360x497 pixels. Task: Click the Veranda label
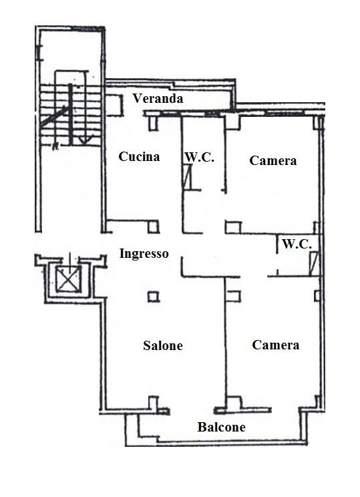pos(158,98)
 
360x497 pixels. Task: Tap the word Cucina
pos(139,156)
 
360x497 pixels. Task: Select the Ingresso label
pos(144,254)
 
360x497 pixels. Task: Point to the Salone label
pos(163,345)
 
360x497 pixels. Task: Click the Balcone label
pos(222,427)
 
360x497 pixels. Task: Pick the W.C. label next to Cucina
pos(199,157)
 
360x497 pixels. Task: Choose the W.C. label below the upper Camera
pos(297,244)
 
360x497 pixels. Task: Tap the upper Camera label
pos(273,161)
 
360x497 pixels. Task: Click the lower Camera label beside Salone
pos(275,345)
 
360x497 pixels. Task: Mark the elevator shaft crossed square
pos(69,279)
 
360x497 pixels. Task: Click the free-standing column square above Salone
pos(154,297)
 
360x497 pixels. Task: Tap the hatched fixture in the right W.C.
pos(314,263)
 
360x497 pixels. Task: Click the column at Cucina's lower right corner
pos(154,227)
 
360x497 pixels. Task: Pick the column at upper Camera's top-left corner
pos(232,123)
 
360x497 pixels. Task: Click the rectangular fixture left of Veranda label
pos(114,105)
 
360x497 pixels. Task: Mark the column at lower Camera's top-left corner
pos(233,297)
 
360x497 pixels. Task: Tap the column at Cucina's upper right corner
pos(154,123)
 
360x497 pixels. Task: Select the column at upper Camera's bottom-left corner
pos(233,228)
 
